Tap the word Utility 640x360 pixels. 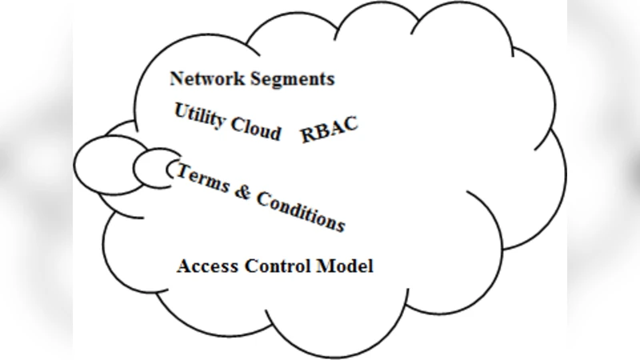tap(200, 118)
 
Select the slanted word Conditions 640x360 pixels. tap(299, 210)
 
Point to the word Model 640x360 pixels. tap(344, 266)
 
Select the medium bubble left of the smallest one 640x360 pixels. tap(104, 164)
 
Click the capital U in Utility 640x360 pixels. tap(181, 111)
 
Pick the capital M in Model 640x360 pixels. tap(324, 266)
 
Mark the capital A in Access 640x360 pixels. tap(183, 266)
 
